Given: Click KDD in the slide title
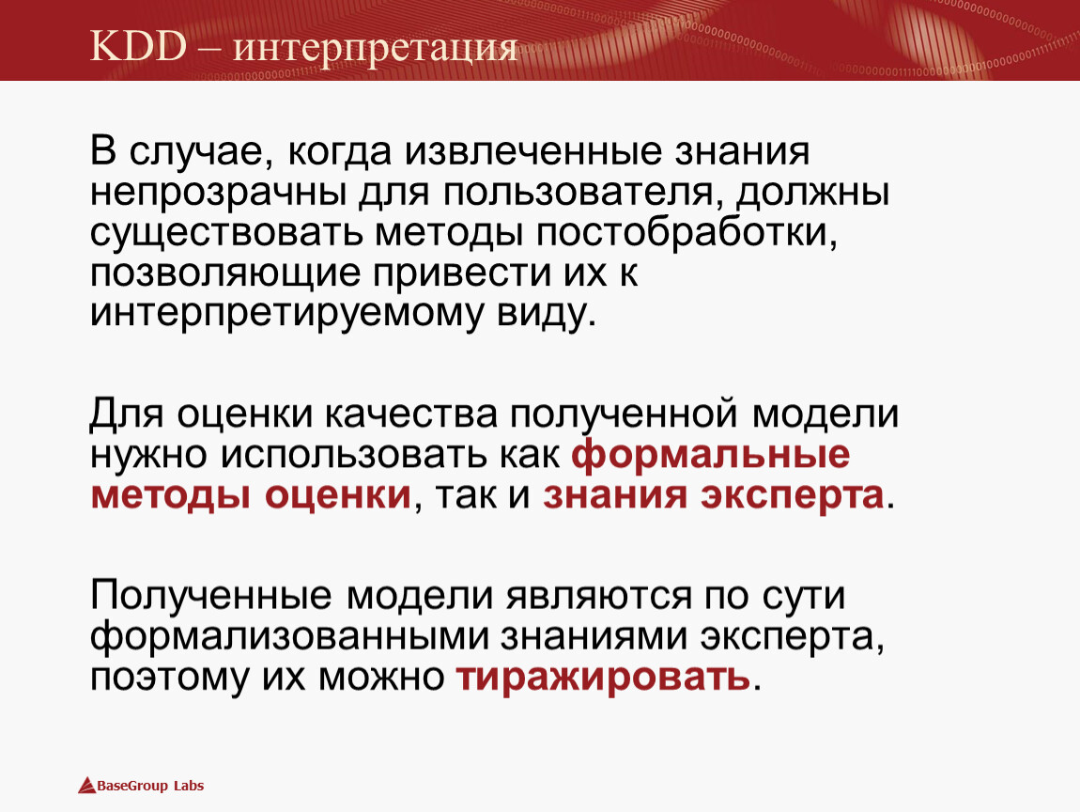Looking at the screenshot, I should coord(138,47).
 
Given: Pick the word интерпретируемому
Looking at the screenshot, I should coord(285,314).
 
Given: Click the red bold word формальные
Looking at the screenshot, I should coord(711,455).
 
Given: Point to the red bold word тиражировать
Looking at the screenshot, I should coord(603,678).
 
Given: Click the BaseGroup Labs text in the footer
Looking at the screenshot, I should coord(150,786).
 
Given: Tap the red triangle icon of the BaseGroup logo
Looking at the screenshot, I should coord(86,786).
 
